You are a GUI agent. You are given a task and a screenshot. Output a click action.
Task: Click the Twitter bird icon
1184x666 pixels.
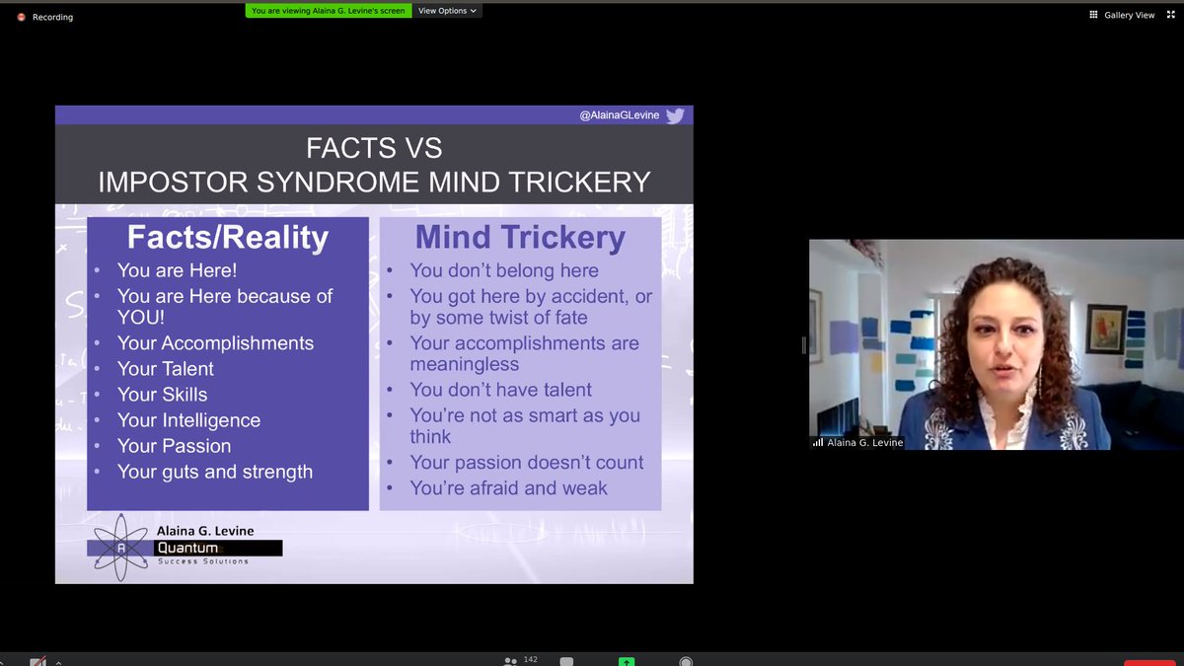[675, 115]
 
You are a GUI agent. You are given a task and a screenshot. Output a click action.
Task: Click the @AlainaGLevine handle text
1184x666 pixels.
[619, 115]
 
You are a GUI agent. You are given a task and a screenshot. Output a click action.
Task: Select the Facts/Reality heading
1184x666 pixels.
[227, 238]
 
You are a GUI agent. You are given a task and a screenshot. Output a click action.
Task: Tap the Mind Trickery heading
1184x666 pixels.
[520, 238]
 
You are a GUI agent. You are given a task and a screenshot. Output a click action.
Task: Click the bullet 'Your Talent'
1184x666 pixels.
[165, 369]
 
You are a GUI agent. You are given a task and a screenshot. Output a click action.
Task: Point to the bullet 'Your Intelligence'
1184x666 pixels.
[188, 420]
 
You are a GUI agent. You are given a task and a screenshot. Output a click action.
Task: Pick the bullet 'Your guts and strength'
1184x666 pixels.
[214, 472]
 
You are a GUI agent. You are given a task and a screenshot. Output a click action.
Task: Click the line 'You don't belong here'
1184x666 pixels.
[504, 270]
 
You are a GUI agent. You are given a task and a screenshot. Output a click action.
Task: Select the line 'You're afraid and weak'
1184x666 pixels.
[508, 488]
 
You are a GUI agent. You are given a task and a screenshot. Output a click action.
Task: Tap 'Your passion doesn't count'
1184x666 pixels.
[527, 463]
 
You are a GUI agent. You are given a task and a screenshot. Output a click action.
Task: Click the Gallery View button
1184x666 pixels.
[1123, 15]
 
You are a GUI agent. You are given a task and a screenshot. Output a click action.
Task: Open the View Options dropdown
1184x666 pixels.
[447, 11]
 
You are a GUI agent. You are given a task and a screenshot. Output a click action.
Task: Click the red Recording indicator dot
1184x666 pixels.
[21, 17]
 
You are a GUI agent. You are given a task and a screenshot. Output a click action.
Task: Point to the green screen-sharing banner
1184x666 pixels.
[328, 11]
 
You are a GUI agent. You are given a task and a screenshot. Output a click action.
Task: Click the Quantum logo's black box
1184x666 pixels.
[219, 548]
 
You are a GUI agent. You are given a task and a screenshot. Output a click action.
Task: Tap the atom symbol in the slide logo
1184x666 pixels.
[119, 549]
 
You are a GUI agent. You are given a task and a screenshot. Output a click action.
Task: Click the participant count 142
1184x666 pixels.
[531, 659]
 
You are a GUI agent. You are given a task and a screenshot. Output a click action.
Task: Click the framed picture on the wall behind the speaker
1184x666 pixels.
[1105, 329]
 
